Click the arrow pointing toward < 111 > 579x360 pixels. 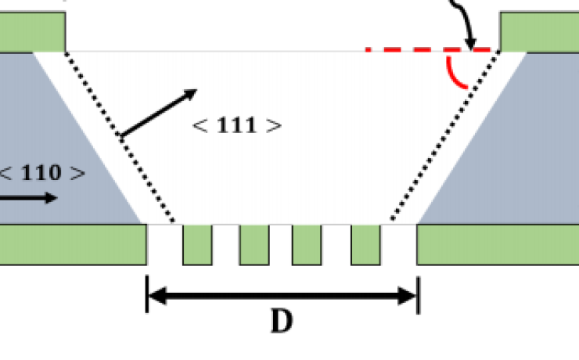[156, 113]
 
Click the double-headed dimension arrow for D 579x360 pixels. [282, 296]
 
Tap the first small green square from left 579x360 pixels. [197, 244]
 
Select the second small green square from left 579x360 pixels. [254, 244]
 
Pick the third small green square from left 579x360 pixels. [307, 244]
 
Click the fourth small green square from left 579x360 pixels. [365, 244]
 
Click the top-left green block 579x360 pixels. [32, 31]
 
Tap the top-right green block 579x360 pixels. [539, 31]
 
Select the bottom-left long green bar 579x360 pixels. [73, 244]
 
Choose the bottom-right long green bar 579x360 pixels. [498, 244]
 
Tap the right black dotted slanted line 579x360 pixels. [442, 138]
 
